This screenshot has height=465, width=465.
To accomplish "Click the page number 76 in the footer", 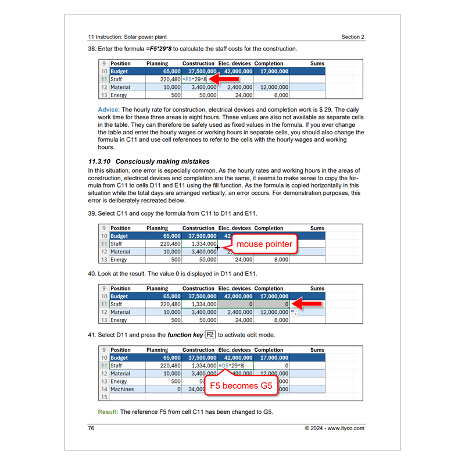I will tap(91, 428).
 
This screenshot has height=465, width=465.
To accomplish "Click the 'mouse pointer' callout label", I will tap(264, 244).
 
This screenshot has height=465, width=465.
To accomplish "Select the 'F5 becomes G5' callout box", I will tap(241, 386).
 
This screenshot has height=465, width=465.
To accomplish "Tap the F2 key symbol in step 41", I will tap(210, 335).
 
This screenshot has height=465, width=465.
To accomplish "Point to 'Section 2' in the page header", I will tap(353, 37).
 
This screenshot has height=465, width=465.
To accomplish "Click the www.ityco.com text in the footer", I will tap(346, 428).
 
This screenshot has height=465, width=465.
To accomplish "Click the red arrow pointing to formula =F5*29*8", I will tap(224, 78).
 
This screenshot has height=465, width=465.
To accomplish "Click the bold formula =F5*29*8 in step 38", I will tap(159, 49).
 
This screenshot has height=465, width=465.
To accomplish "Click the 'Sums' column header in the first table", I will tap(317, 64).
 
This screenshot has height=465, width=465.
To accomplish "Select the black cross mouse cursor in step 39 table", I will tap(217, 248).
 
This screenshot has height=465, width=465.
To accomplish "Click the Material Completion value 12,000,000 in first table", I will tap(271, 87).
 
